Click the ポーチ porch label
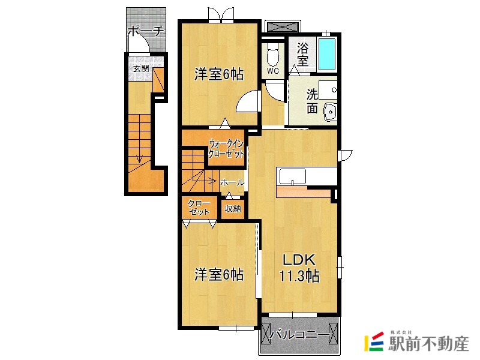(x=146, y=31)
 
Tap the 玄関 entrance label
(x=141, y=68)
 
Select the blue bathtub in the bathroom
(x=326, y=54)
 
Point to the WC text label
(x=273, y=71)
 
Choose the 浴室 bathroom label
(x=302, y=54)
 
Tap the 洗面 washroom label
(x=312, y=101)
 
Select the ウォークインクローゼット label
(x=226, y=148)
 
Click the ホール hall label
(x=232, y=183)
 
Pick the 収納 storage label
(x=233, y=209)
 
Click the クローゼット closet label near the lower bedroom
(x=199, y=208)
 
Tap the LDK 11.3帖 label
(x=299, y=268)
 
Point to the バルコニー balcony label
(x=299, y=335)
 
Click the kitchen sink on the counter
(x=292, y=176)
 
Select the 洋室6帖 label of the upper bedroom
(x=219, y=74)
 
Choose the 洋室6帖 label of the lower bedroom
(x=219, y=274)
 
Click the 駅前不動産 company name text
(x=428, y=343)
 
